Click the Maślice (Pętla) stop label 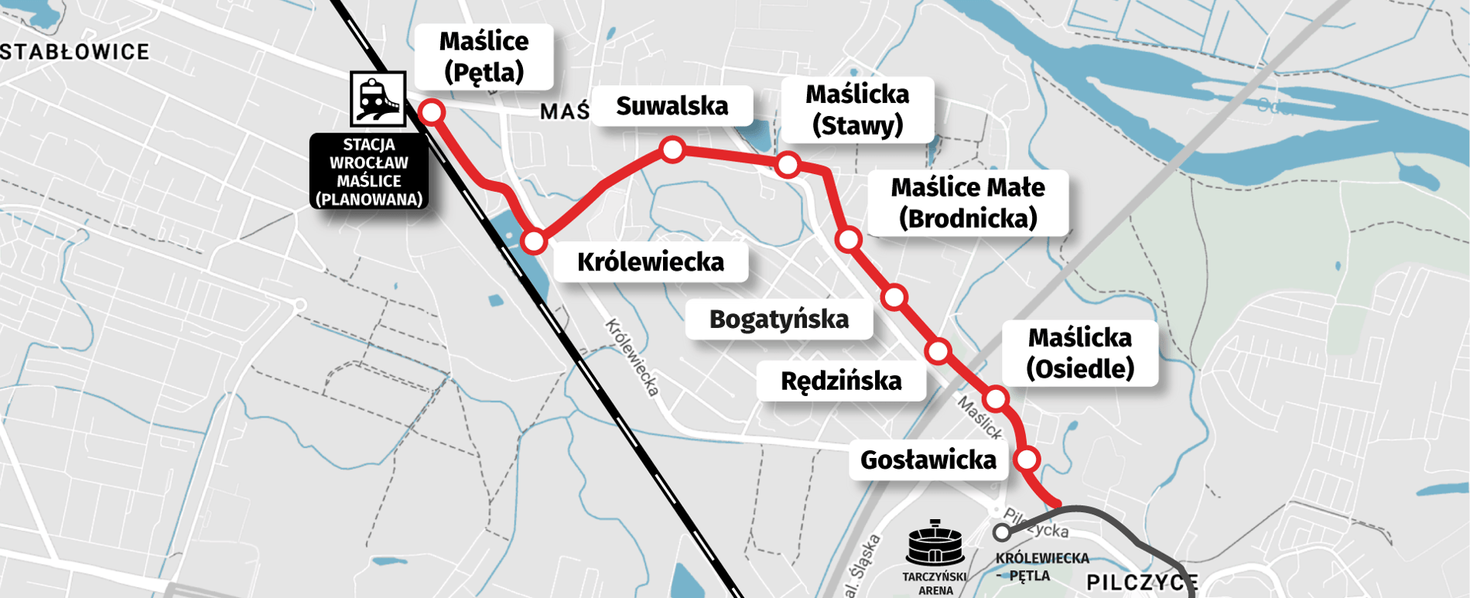(484, 56)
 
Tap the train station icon (378, 99)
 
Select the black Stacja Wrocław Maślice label (369, 172)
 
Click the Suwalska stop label (672, 106)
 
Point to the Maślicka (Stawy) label (857, 110)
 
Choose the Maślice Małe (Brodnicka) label (967, 203)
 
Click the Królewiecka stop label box (650, 262)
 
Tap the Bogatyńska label (778, 319)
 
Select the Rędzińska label (841, 381)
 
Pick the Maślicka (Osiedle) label (1079, 353)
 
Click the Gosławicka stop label (928, 460)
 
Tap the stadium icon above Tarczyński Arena (935, 544)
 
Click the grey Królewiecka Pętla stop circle (1002, 532)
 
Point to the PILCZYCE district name (1142, 583)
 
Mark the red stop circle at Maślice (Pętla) (432, 112)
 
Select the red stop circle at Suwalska (672, 149)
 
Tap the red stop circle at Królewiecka (534, 241)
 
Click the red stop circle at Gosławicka (1027, 460)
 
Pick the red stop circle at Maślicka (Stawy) (788, 164)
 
